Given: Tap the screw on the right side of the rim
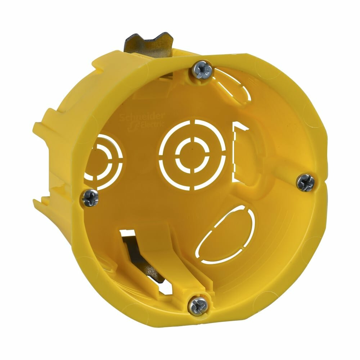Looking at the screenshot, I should coord(306,183).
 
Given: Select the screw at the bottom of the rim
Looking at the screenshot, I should coord(198,306).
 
